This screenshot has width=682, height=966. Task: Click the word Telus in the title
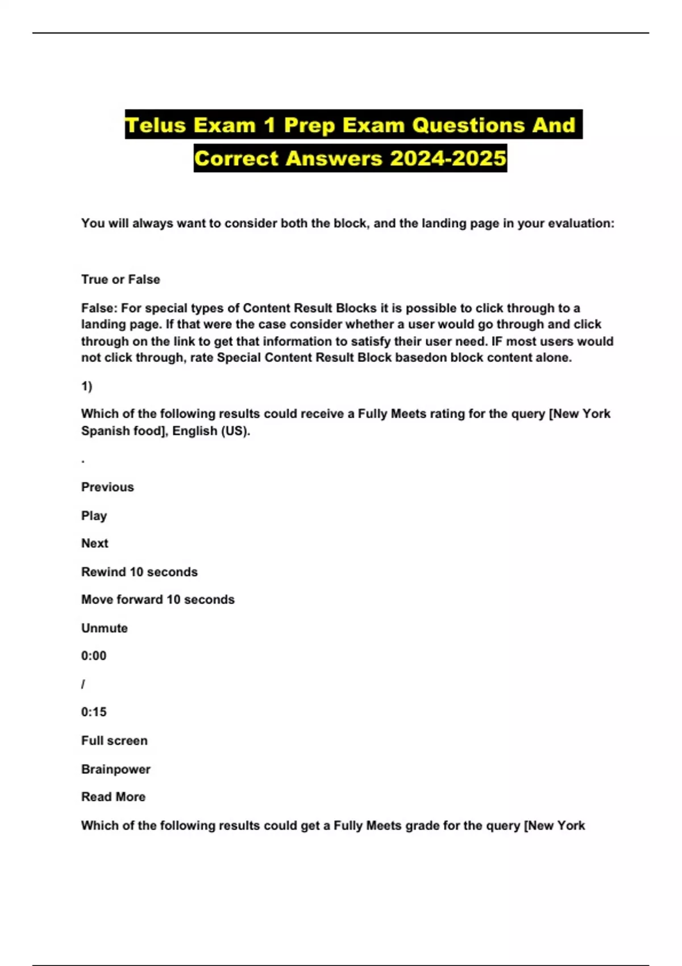click(x=156, y=125)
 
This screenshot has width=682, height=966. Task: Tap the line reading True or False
click(x=120, y=280)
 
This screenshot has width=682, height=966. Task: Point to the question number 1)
click(x=86, y=386)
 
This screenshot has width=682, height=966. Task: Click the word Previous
click(x=107, y=487)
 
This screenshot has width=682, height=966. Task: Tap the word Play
click(x=94, y=515)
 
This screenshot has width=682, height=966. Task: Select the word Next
click(x=94, y=543)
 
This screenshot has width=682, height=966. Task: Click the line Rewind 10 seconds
click(x=139, y=572)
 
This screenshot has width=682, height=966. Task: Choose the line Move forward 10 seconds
click(x=157, y=599)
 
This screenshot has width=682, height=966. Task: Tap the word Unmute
click(x=104, y=628)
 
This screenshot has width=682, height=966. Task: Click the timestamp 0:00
click(x=94, y=656)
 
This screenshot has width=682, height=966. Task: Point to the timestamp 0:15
click(x=94, y=712)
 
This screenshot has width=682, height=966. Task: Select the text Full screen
click(x=114, y=740)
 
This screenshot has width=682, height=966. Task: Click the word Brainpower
click(x=115, y=769)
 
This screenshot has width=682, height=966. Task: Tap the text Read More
click(x=113, y=797)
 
